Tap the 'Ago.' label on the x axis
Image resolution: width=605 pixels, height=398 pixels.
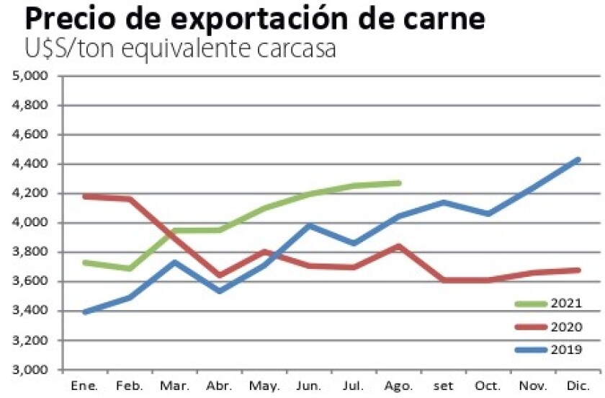[x=399, y=386]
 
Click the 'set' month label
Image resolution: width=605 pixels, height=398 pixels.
[x=444, y=385]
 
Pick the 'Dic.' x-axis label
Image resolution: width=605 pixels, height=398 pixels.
[x=578, y=385]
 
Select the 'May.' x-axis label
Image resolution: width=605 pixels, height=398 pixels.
[x=264, y=386]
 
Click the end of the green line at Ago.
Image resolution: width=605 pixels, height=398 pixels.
[x=398, y=183]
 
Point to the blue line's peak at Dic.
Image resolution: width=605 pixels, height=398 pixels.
[x=578, y=159]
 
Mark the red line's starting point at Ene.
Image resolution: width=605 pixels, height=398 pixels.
[x=86, y=196]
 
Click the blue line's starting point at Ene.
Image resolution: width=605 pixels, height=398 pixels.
[x=86, y=312]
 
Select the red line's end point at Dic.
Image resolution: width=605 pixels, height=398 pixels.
[x=578, y=270]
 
